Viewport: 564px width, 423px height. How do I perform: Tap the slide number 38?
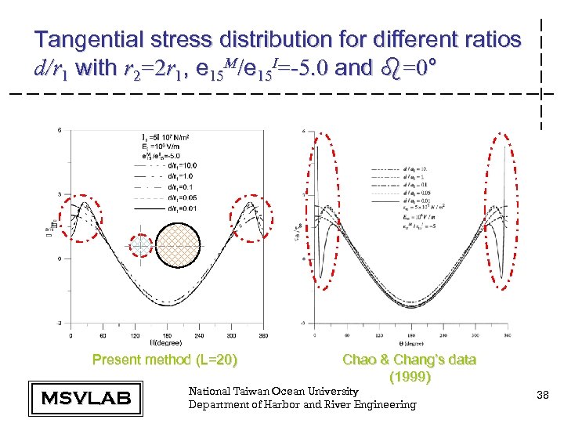click(x=541, y=397)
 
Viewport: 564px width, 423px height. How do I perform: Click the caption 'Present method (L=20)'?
click(x=164, y=360)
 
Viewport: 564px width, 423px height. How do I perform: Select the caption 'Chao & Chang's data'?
click(x=409, y=360)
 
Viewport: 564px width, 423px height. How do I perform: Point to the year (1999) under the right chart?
click(x=410, y=377)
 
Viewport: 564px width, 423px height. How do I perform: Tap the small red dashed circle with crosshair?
click(x=141, y=247)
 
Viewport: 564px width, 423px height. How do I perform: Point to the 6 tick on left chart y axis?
click(x=60, y=130)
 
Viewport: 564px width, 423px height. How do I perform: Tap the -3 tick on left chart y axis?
click(x=59, y=322)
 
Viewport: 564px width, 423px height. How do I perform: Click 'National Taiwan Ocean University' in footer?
click(x=273, y=391)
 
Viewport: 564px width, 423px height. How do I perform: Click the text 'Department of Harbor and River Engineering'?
click(x=302, y=404)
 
